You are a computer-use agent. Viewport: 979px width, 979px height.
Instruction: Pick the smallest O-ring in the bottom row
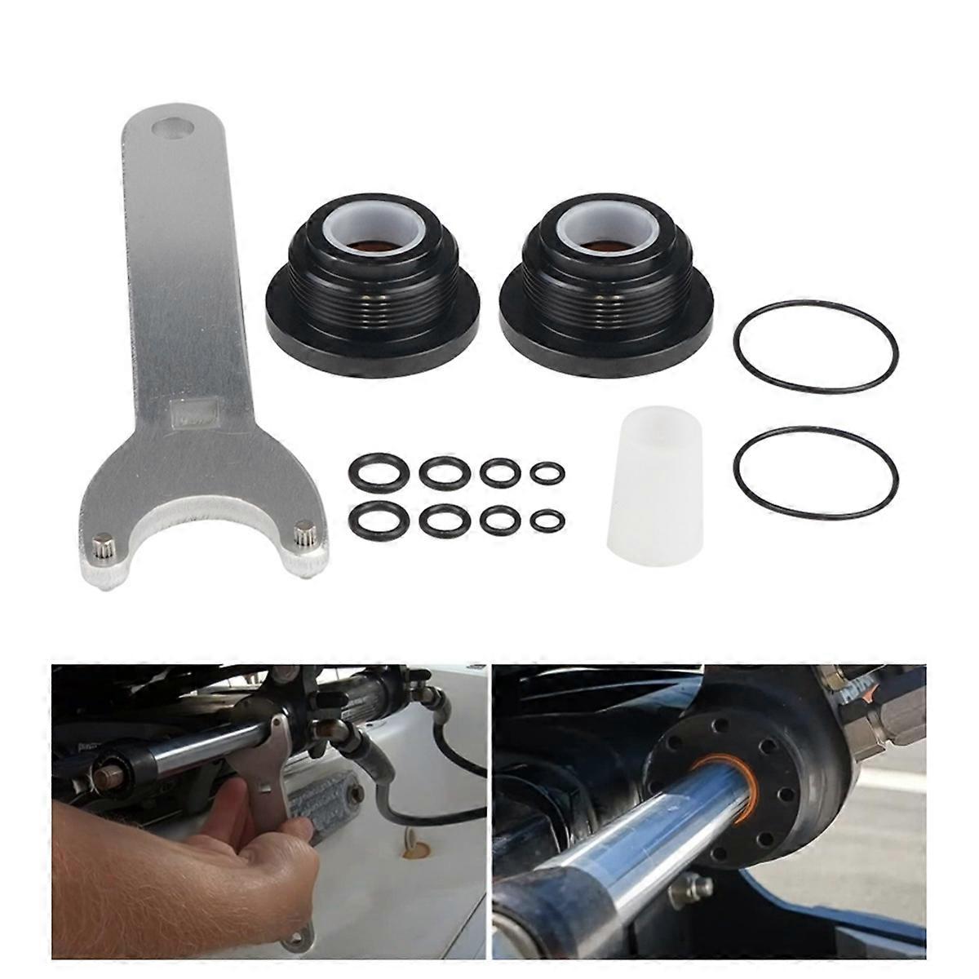547,519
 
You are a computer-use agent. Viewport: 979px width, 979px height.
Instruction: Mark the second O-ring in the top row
445,471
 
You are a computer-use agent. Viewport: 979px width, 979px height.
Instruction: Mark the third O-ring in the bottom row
499,520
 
